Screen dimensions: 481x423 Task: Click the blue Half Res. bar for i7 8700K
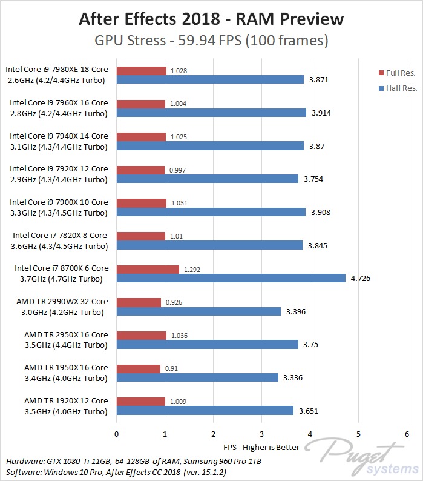[231, 278]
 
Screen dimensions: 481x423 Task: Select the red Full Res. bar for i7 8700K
[148, 270]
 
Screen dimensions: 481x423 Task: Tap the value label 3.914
[321, 113]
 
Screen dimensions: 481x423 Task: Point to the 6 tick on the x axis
[406, 434]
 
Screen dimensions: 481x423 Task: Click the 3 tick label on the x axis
[261, 434]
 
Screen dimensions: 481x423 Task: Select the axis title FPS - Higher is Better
[261, 449]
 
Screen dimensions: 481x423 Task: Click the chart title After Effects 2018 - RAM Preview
[211, 19]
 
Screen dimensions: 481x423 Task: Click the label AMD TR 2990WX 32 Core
[66, 302]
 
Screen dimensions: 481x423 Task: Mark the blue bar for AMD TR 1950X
[197, 377]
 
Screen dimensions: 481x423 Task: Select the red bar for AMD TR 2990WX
[139, 302]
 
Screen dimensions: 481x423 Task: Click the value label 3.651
[308, 411]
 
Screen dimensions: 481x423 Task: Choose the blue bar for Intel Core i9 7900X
[211, 212]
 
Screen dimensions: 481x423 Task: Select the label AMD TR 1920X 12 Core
[66, 401]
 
